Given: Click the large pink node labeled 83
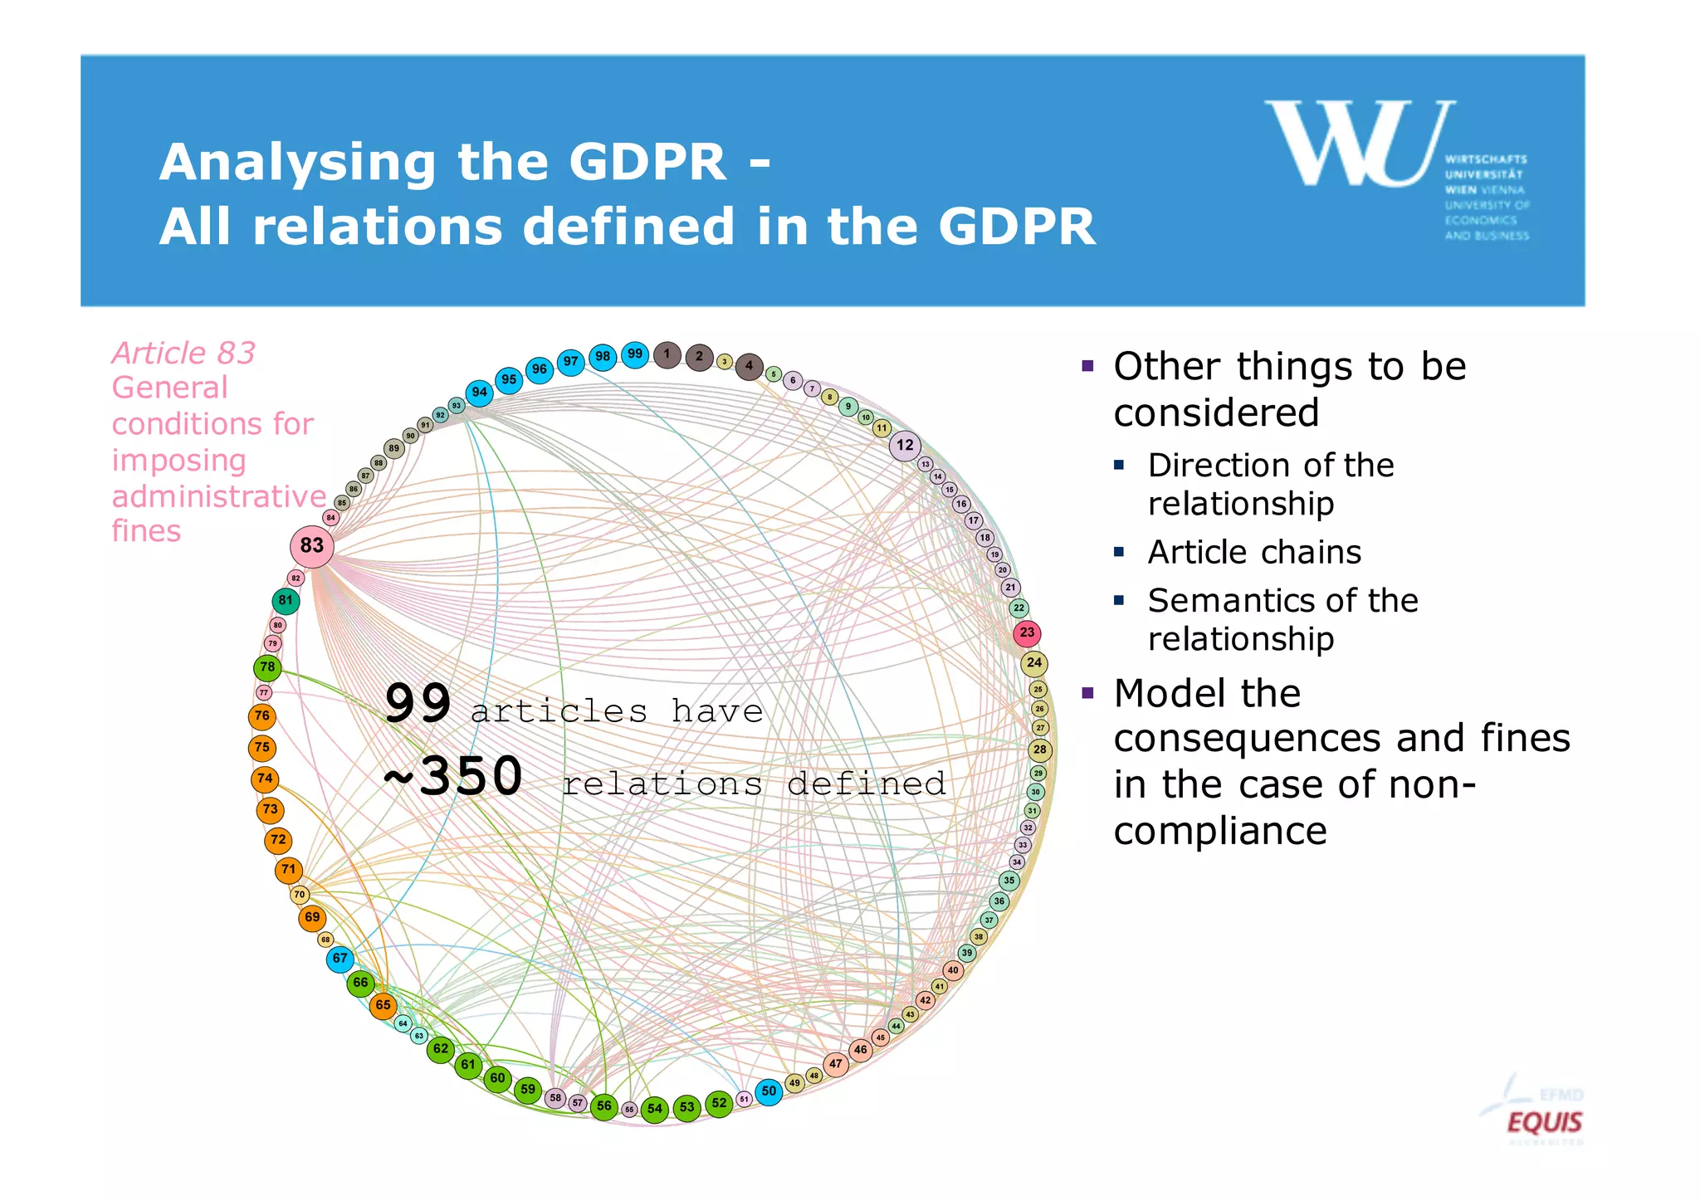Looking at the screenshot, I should (312, 545).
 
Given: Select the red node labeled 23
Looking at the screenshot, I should (1027, 633).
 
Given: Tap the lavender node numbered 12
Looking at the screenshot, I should (905, 445).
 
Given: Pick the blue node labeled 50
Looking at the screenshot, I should (769, 1091).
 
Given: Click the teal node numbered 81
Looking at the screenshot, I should (286, 600).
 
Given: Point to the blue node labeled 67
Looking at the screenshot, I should (340, 959).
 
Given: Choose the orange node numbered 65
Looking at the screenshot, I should (383, 1005).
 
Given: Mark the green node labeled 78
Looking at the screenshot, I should (267, 667).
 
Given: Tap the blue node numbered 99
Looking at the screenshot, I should (635, 354).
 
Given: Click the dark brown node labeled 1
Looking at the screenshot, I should (667, 354).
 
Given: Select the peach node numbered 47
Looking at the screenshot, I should (836, 1064).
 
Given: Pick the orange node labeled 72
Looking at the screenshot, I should (278, 840).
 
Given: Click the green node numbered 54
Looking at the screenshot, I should (655, 1109).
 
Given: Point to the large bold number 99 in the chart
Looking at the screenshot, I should (418, 704).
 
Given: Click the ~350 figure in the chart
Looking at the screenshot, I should (453, 777).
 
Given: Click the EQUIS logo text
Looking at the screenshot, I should (1545, 1123).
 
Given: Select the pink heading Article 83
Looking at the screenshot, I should (183, 354).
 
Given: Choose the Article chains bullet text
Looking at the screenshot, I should (1254, 552).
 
